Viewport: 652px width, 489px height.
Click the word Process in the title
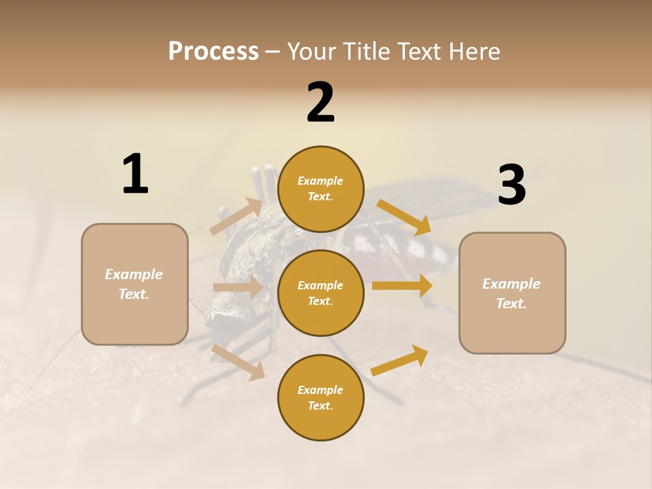213,52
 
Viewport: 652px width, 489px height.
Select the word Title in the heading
366,52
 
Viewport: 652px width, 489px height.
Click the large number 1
135,174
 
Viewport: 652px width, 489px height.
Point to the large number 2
321,103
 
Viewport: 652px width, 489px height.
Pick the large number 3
511,185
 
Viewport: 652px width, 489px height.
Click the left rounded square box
134,284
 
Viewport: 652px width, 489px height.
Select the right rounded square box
512,293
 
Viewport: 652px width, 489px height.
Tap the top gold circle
321,189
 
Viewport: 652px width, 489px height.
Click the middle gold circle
321,293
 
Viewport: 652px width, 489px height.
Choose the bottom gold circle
321,398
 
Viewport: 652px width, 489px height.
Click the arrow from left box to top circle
236,216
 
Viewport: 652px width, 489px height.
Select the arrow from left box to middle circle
238,287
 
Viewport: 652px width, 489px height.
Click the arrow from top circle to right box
404,217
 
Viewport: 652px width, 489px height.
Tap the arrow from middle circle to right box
402,285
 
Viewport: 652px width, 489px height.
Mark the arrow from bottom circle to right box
400,361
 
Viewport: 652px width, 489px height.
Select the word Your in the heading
312,52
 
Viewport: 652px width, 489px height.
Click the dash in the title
273,52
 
